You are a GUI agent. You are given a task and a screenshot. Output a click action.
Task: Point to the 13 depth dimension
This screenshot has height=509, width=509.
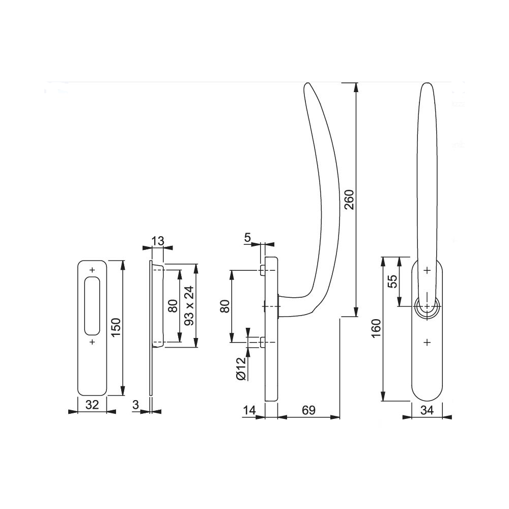tap(158, 241)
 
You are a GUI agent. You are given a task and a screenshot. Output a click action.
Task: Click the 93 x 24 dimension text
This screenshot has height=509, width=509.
tap(189, 305)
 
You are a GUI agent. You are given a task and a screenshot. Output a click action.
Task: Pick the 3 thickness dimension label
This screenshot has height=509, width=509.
tap(136, 405)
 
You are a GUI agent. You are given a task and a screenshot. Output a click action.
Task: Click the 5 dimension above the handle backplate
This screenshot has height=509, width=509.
tap(247, 238)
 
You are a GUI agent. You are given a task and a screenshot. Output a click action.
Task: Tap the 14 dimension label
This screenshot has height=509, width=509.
tap(249, 410)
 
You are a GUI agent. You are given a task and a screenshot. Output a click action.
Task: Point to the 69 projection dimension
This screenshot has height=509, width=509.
tap(309, 410)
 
